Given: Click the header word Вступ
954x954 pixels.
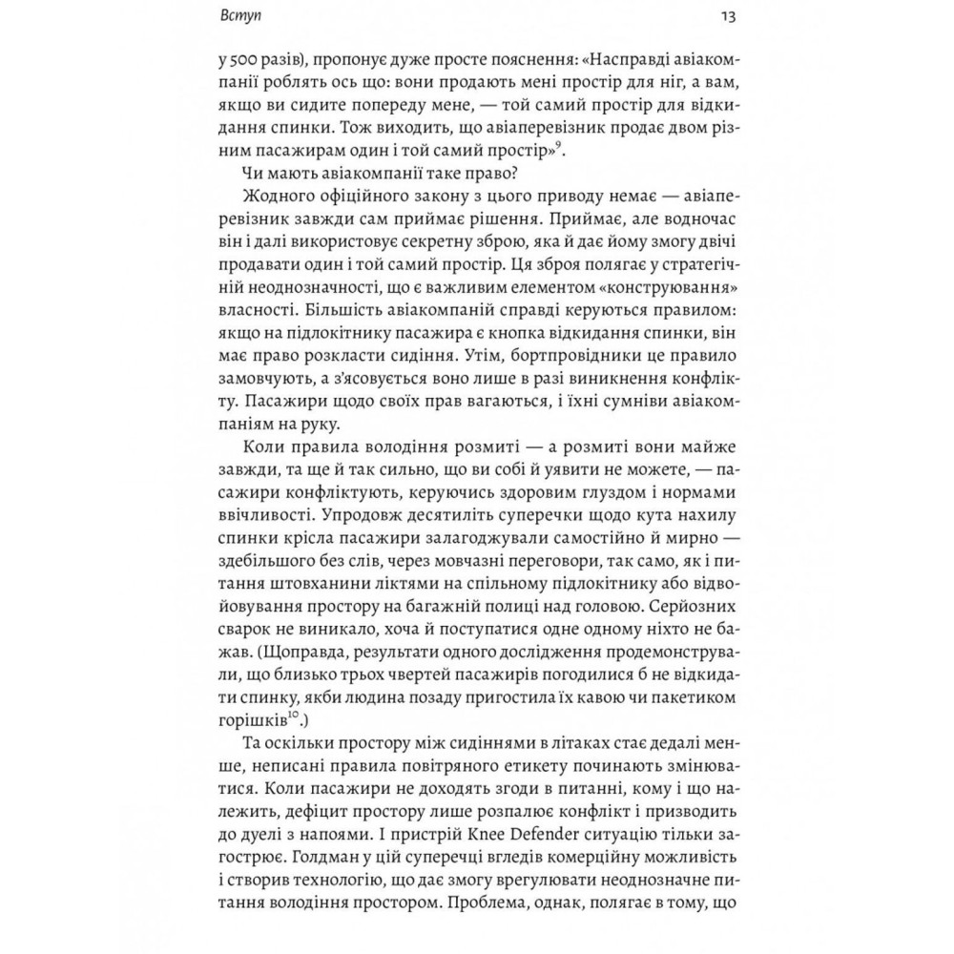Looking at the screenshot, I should coord(237,16).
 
